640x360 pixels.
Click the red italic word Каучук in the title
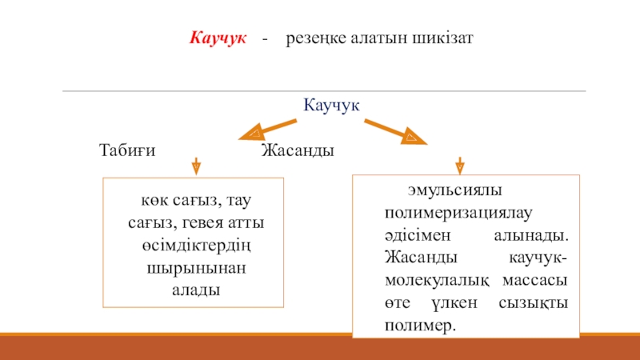(218, 38)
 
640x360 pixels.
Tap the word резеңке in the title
(316, 38)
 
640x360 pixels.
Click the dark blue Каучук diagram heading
(332, 105)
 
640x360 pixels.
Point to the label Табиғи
(126, 150)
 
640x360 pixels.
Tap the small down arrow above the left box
(196, 166)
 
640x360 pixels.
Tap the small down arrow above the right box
(460, 165)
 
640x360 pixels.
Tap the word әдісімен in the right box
(414, 237)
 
